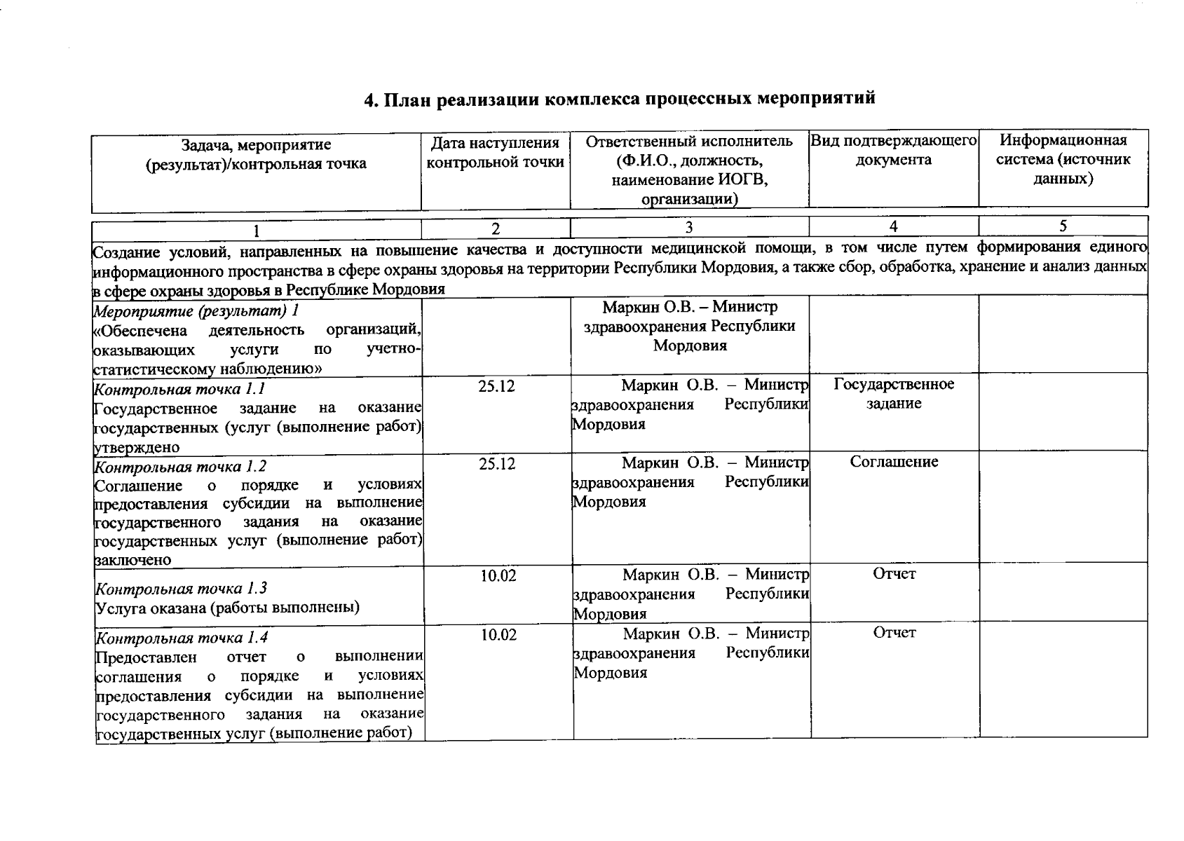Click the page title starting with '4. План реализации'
(619, 99)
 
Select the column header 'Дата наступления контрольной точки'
(495, 153)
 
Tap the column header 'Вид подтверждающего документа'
(893, 150)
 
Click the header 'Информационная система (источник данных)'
(1063, 160)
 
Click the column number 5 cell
(1063, 226)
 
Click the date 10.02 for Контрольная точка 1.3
(498, 576)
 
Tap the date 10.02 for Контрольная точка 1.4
(498, 636)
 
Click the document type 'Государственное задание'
(894, 394)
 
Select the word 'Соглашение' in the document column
(894, 462)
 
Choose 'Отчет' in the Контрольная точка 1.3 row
(894, 574)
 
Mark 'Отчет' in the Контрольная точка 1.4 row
(894, 633)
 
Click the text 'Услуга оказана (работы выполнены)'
(228, 608)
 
